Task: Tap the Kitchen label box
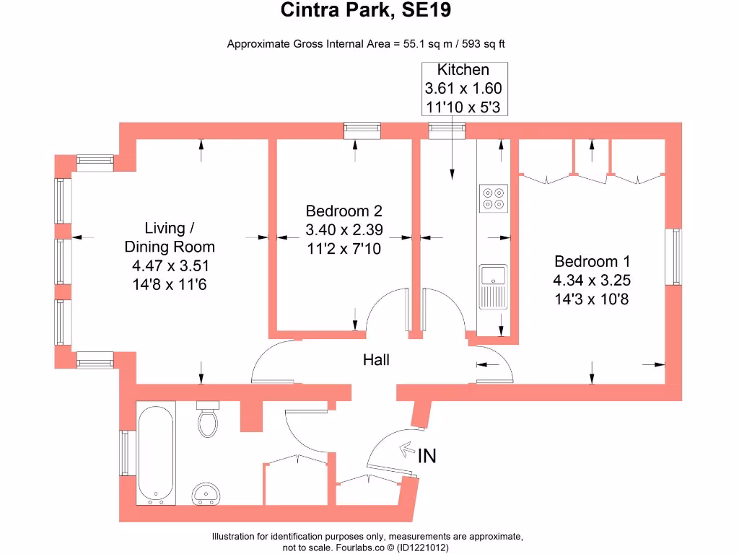(463, 89)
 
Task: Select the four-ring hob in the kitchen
(494, 198)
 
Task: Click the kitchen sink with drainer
(494, 286)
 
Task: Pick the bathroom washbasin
(206, 493)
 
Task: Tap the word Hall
(376, 359)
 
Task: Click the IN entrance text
(427, 455)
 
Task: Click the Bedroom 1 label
(587, 262)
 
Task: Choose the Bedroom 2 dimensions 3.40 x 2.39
(344, 231)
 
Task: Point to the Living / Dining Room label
(170, 237)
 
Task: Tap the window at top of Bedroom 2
(361, 130)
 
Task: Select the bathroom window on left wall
(124, 453)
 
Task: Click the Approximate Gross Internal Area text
(366, 43)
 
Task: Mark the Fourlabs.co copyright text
(366, 548)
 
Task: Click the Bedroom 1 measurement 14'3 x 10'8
(591, 298)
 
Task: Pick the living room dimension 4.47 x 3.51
(170, 265)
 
